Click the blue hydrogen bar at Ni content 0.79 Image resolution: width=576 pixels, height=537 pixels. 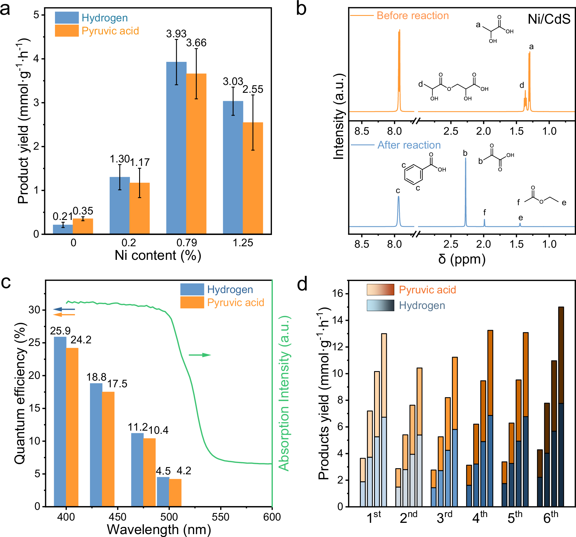176,148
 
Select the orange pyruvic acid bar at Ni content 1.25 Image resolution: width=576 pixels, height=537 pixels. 253,178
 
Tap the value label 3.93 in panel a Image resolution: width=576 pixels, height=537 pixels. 176,34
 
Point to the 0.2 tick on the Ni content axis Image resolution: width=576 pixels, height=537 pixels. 129,242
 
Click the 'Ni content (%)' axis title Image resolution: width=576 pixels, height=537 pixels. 158,255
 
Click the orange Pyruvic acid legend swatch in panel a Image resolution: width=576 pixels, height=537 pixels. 67,31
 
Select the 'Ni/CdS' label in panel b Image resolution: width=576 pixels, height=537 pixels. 549,19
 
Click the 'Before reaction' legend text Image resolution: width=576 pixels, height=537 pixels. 412,16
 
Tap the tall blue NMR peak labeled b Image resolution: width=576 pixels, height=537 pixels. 465,191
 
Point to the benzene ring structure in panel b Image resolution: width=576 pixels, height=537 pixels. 413,174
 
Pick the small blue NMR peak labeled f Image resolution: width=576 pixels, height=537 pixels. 484,223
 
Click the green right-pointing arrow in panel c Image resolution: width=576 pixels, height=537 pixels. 200,355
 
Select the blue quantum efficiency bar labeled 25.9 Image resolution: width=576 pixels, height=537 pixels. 60,421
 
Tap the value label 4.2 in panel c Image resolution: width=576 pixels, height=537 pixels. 184,471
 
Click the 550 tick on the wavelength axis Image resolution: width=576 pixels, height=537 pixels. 220,517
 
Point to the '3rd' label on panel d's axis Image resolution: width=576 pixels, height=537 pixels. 444,517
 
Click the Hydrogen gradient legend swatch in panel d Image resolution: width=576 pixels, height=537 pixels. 380,305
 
